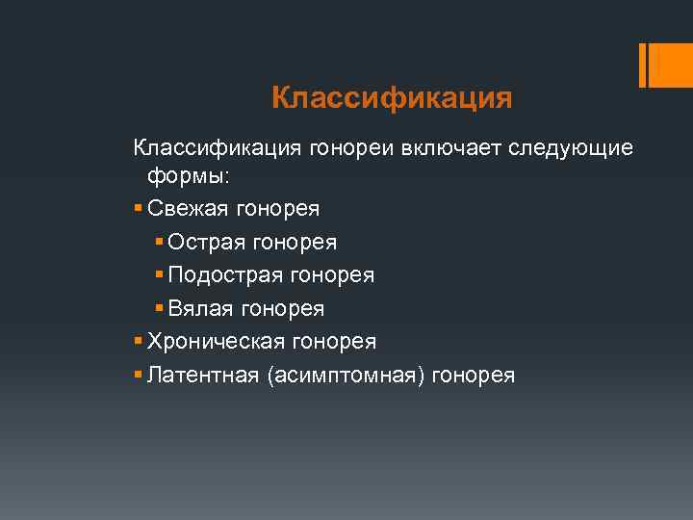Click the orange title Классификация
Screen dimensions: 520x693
coord(391,98)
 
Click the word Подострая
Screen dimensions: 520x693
coord(225,275)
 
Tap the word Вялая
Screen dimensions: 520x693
coord(199,308)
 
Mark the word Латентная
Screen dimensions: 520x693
coord(198,375)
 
